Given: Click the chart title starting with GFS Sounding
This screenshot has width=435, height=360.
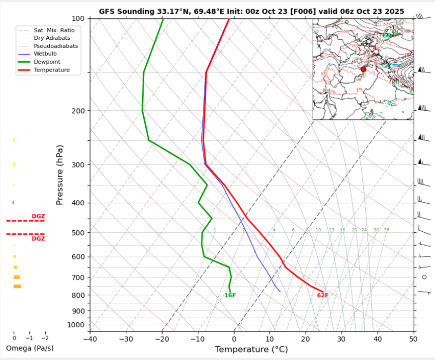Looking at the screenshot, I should tap(251, 11).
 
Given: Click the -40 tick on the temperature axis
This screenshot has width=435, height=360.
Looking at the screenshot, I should tap(90, 339).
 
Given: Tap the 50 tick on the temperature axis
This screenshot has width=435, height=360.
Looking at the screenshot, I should tap(413, 339).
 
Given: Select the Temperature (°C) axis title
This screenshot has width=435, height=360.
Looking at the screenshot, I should tap(251, 350).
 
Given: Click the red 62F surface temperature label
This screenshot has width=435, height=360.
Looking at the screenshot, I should tap(323, 295).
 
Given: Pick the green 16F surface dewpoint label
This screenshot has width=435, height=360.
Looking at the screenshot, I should tap(230, 295).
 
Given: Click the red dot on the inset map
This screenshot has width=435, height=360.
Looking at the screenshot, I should tap(363, 69).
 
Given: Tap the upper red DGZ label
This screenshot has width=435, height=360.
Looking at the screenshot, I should tap(38, 216).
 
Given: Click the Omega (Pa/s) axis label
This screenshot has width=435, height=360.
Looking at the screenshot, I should tap(29, 348).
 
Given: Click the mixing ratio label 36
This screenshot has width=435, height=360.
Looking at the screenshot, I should tap(386, 230).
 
